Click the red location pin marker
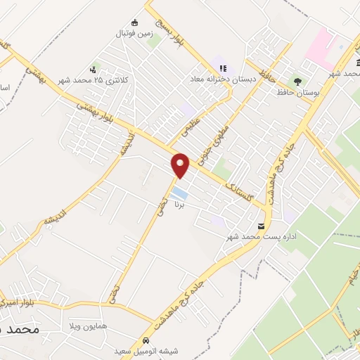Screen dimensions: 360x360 coord(181,165)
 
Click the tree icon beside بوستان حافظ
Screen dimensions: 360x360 coord(297,82)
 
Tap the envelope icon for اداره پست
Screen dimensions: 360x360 coord(262,226)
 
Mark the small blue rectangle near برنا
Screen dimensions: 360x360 coord(180,191)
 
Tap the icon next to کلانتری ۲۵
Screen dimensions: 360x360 coord(94,70)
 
